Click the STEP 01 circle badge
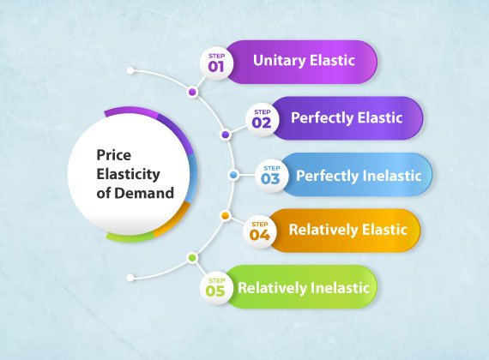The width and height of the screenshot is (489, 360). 216,63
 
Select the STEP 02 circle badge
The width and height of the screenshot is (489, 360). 262,120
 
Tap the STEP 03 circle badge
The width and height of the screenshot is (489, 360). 271,176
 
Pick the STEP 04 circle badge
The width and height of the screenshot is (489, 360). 259,232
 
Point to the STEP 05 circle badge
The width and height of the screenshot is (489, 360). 216,288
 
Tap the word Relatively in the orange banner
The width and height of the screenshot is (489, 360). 323,230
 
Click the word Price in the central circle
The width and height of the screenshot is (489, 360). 113,155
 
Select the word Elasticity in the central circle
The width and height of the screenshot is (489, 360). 128,175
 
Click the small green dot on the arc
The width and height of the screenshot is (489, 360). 192,258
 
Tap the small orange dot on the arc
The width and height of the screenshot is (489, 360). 225,216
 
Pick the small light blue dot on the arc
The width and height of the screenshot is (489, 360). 233,175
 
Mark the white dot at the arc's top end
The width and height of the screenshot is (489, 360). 130,71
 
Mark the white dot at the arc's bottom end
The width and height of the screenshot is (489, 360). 130,278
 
